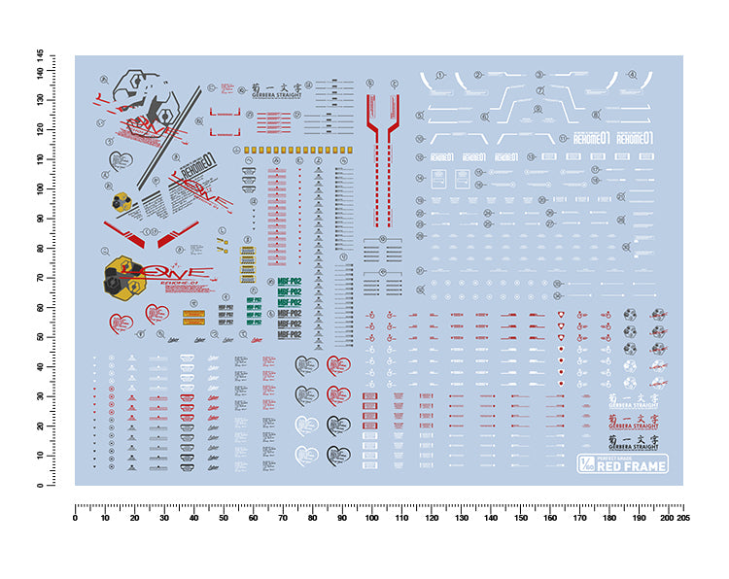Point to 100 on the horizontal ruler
371,518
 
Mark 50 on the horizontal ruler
224,518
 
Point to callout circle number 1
439,75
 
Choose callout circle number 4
632,75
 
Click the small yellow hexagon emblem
121,201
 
